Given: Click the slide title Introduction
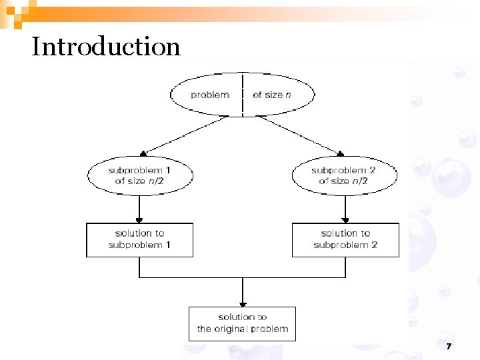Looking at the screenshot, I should coord(105,47).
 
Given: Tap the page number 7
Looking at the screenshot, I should coord(449,347).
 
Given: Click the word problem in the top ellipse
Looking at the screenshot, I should coord(209,95).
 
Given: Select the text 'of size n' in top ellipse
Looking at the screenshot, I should coord(271,95).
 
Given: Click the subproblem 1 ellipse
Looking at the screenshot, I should coord(140,175).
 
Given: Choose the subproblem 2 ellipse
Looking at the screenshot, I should coord(345,175).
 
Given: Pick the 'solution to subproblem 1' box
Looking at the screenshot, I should coord(139,239).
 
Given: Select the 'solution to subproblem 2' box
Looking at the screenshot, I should coord(345,239).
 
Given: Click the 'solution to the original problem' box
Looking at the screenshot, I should coord(242,323).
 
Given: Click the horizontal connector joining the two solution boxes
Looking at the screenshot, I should coord(242,277).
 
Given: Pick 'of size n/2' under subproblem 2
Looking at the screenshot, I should coord(344,181).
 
